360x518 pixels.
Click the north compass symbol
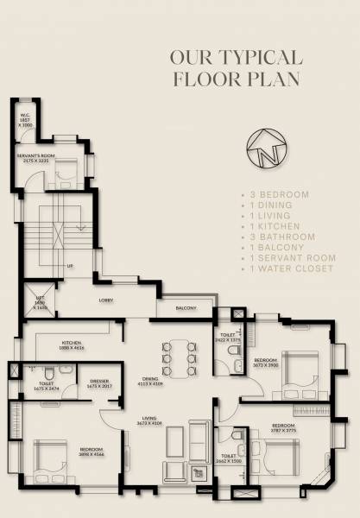pyautogui.click(x=264, y=151)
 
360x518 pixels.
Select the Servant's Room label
pyautogui.click(x=35, y=159)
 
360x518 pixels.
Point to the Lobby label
pyautogui.click(x=107, y=300)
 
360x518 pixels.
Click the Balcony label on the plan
pyautogui.click(x=185, y=308)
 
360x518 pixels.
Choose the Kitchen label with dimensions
pyautogui.click(x=72, y=344)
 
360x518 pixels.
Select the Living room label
pyautogui.click(x=152, y=420)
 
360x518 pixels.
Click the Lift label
pyautogui.click(x=39, y=303)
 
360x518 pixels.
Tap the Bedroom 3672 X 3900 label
pyautogui.click(x=266, y=363)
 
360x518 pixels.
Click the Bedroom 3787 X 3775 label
pyautogui.click(x=284, y=428)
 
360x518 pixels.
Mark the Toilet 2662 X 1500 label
pyautogui.click(x=229, y=458)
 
